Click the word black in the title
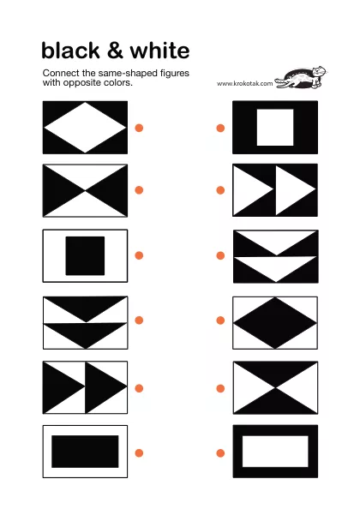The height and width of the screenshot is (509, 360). (70, 51)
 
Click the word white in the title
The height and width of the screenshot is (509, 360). (159, 51)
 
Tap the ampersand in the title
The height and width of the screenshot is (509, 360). (115, 51)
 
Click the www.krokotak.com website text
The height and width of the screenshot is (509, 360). (245, 83)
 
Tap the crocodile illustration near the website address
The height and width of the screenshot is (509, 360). (301, 78)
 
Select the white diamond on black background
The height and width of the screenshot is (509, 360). (85, 128)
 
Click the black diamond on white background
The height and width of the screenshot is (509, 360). (275, 323)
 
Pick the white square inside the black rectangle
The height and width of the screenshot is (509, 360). (275, 127)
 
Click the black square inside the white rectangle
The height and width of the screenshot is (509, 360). (85, 256)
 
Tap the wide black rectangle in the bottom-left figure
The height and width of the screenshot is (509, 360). (85, 452)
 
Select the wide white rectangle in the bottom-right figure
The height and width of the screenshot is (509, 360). (275, 452)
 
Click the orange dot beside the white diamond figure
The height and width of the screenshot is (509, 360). (139, 128)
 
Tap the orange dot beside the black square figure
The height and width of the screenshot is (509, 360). (139, 255)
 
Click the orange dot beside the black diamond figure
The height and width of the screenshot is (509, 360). (220, 320)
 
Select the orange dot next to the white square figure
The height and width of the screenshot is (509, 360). (220, 129)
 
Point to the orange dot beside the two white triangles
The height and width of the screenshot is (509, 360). (220, 190)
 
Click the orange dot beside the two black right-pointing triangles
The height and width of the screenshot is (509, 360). (139, 388)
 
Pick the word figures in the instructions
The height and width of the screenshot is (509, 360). (175, 74)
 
